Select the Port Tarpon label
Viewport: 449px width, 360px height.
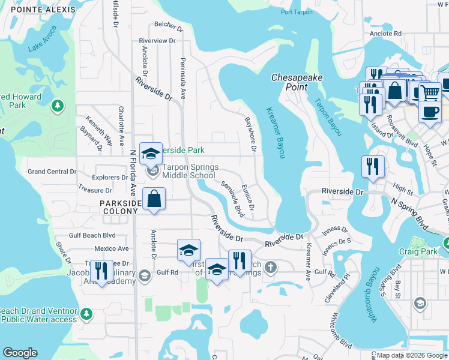tap(295, 12)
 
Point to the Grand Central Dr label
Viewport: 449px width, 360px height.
tap(52, 172)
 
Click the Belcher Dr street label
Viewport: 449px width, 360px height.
tap(168, 25)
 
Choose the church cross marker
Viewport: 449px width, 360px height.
tap(271, 266)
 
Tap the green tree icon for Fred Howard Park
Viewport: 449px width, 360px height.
tap(58, 106)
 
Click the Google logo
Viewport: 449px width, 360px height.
tap(20, 353)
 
